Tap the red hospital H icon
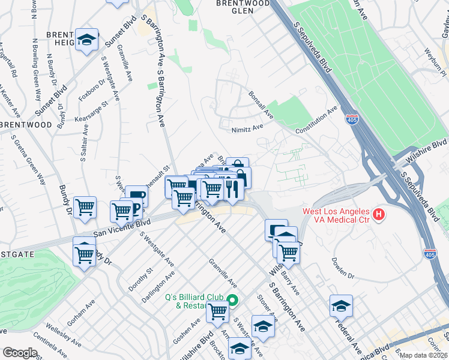(x=378, y=214)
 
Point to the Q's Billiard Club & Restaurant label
(x=194, y=301)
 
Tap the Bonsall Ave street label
(x=261, y=103)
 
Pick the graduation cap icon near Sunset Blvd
(x=87, y=40)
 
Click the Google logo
(x=19, y=353)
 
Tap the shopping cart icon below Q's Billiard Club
(x=217, y=311)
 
